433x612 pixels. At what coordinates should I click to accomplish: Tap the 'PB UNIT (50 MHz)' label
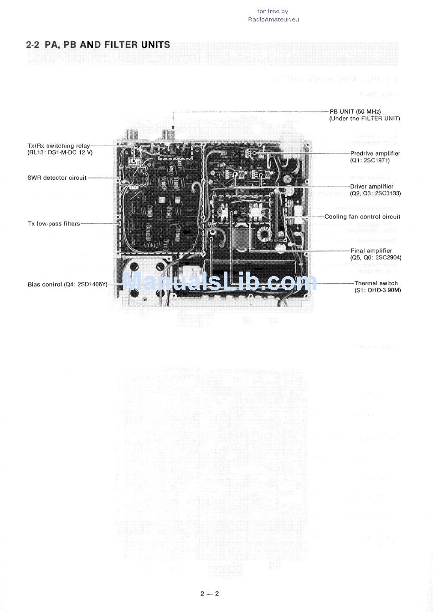[x=355, y=111]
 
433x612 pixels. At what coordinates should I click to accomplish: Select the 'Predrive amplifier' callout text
[x=375, y=153]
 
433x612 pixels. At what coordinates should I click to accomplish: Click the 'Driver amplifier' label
[x=371, y=186]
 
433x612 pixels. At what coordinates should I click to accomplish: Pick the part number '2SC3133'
[x=385, y=193]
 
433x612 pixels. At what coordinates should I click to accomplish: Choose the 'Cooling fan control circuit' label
[x=362, y=216]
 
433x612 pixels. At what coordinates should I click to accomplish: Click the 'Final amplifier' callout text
[x=371, y=251]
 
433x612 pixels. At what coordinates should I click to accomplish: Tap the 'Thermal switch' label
[x=376, y=283]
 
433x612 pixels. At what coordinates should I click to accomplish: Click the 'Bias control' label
[x=45, y=284]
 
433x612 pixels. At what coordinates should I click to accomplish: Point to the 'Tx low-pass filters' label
[x=54, y=224]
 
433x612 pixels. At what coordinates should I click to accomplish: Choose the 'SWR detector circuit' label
[x=57, y=178]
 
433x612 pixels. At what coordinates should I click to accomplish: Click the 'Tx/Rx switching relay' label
[x=59, y=146]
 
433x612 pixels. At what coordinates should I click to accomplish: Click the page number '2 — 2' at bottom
[x=209, y=594]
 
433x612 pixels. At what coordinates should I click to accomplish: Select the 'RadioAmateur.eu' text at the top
[x=273, y=19]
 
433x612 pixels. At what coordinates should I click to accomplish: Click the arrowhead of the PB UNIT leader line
[x=173, y=127]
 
